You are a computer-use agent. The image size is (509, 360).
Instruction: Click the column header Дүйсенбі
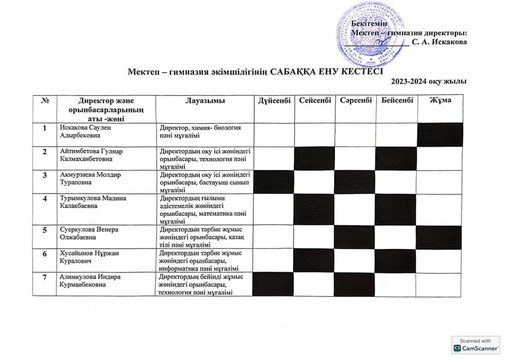(274, 101)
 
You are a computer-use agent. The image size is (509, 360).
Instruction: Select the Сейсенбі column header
(315, 101)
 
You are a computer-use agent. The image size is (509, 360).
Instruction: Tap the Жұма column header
(439, 101)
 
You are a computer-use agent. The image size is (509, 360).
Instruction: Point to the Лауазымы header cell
(205, 101)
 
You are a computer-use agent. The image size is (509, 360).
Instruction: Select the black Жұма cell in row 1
(439, 134)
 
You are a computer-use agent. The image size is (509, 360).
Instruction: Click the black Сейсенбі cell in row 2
(315, 158)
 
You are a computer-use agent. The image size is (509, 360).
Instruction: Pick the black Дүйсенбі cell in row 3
(274, 182)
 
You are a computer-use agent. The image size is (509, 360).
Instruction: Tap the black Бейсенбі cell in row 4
(396, 209)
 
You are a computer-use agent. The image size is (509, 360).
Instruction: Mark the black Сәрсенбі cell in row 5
(354, 237)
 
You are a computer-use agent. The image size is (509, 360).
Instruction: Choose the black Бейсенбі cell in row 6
(396, 260)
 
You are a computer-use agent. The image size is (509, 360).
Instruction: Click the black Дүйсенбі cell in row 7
(274, 284)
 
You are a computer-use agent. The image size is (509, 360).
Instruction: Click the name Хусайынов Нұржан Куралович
(83, 257)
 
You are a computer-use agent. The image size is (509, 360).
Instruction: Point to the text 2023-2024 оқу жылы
(428, 81)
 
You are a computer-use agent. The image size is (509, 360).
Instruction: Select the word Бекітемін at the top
(369, 23)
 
